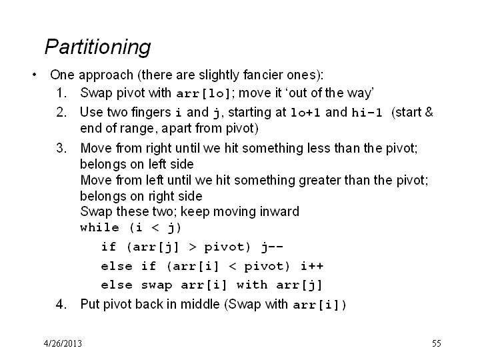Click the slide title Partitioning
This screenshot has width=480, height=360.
[97, 47]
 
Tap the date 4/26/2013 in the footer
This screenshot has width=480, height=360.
[63, 343]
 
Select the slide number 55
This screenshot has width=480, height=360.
[437, 343]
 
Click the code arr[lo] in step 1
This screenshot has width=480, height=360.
[203, 93]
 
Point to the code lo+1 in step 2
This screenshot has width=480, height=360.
[305, 113]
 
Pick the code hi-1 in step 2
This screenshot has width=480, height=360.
[367, 113]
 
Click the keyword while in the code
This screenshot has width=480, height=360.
[99, 227]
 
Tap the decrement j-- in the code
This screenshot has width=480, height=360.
[272, 247]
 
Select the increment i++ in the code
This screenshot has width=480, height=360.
[312, 266]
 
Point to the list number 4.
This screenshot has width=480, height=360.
[61, 304]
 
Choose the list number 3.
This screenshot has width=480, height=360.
[61, 148]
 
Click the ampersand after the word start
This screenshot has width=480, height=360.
[429, 112]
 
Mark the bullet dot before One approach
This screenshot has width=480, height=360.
[34, 75]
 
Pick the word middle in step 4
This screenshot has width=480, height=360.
[200, 304]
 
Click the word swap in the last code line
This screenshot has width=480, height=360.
[157, 285]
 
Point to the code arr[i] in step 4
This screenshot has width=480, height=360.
[316, 305]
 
